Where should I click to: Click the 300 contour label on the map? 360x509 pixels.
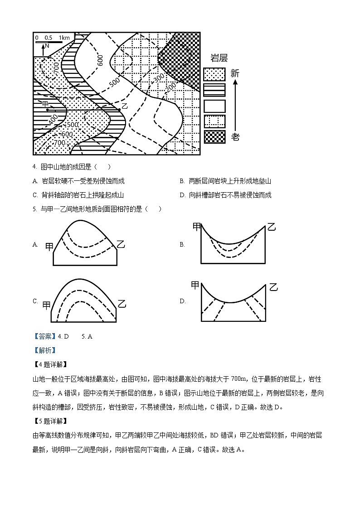[159, 78]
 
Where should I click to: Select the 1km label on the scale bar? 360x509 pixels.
[64, 38]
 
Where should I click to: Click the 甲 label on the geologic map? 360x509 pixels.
[45, 104]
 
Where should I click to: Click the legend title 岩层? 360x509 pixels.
[219, 58]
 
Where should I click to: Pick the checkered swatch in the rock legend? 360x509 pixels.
[214, 137]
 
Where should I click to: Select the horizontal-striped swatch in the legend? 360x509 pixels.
[214, 90]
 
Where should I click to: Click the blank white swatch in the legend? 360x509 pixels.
[214, 106]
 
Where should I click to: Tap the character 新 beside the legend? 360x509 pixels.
[235, 73]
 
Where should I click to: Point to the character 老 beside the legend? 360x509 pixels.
[235, 137]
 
